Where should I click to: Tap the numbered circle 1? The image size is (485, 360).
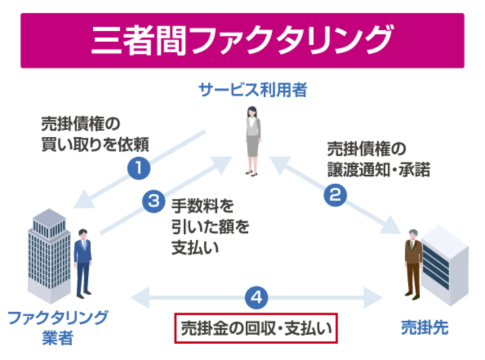pyautogui.click(x=138, y=168)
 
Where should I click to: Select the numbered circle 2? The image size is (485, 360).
pyautogui.click(x=335, y=195)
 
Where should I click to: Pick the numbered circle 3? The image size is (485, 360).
pyautogui.click(x=154, y=201)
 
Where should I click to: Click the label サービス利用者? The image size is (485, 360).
pyautogui.click(x=252, y=90)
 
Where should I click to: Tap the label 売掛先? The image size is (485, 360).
pyautogui.click(x=425, y=327)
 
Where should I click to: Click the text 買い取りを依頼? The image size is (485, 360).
pyautogui.click(x=95, y=144)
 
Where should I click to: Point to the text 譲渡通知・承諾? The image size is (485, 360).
pyautogui.click(x=378, y=171)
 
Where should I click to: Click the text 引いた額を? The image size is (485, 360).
pyautogui.click(x=210, y=227)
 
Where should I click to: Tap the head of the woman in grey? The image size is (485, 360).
pyautogui.click(x=251, y=111)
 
